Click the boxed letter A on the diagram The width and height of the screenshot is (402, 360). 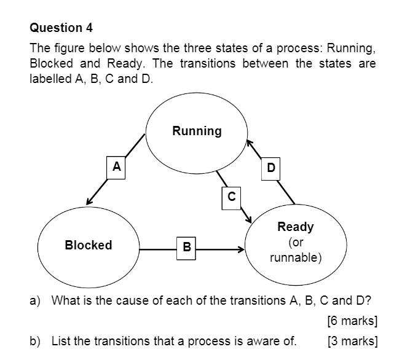[x=116, y=166]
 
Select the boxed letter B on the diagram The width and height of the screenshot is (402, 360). [x=186, y=248]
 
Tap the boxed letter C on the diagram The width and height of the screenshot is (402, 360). [x=231, y=197]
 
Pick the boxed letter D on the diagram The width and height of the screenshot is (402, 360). [x=271, y=166]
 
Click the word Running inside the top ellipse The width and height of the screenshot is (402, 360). [x=197, y=131]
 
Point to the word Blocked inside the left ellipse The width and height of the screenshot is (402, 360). [x=89, y=245]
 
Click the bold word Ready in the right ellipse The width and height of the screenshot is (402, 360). [x=296, y=227]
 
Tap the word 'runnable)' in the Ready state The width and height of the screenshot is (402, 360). [x=296, y=257]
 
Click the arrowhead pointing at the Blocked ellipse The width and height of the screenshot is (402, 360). [x=89, y=202]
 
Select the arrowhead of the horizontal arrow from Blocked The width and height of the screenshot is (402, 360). [x=242, y=249]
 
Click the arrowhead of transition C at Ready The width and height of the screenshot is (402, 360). [x=250, y=220]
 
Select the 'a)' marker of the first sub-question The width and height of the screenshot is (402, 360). [x=36, y=300]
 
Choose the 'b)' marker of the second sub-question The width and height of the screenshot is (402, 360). [x=36, y=341]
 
